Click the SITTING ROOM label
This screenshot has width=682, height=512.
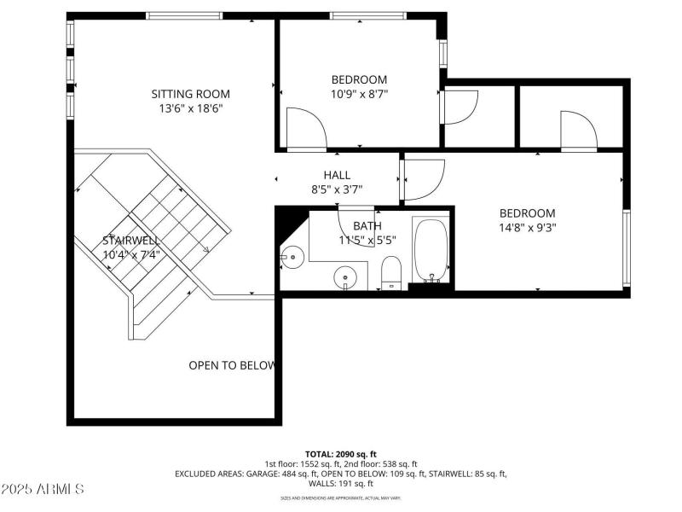click(190, 94)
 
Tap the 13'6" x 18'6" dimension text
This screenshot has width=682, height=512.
click(190, 108)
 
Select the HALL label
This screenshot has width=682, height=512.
click(337, 175)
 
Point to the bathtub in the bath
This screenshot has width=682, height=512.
click(431, 249)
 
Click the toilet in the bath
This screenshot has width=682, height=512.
click(391, 271)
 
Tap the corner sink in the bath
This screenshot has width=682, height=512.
click(293, 253)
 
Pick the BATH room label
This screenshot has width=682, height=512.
click(367, 226)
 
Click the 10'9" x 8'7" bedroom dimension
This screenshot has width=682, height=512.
click(359, 94)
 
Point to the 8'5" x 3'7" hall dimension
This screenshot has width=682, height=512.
click(337, 189)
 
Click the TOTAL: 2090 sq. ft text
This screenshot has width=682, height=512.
click(341, 454)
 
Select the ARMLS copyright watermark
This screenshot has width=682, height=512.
click(43, 489)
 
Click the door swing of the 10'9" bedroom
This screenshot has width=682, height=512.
click(305, 128)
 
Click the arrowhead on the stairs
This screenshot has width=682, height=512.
click(205, 249)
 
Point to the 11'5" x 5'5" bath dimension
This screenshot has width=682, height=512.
click(367, 240)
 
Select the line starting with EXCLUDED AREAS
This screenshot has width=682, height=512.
click(341, 473)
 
